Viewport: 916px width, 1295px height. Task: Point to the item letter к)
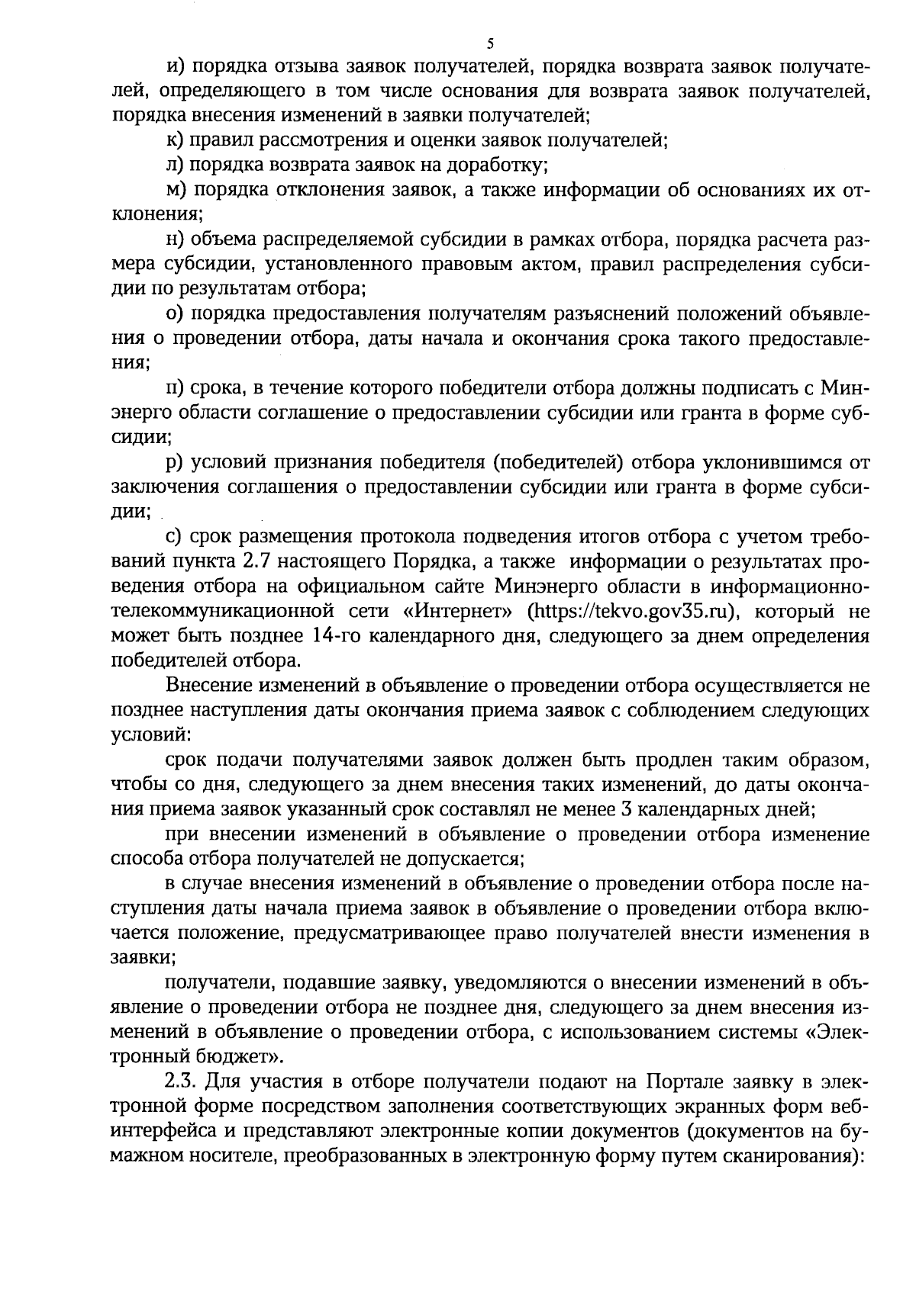174,140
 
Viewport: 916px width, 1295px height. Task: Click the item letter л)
175,165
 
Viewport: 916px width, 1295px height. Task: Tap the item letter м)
176,189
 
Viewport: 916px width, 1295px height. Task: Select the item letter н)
175,239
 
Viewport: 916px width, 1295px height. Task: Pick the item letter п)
175,388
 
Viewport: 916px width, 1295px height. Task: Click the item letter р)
174,463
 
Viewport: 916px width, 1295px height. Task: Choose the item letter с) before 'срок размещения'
173,537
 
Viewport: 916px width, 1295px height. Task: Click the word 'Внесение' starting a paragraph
207,686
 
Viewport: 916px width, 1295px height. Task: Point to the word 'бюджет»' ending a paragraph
247,1057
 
